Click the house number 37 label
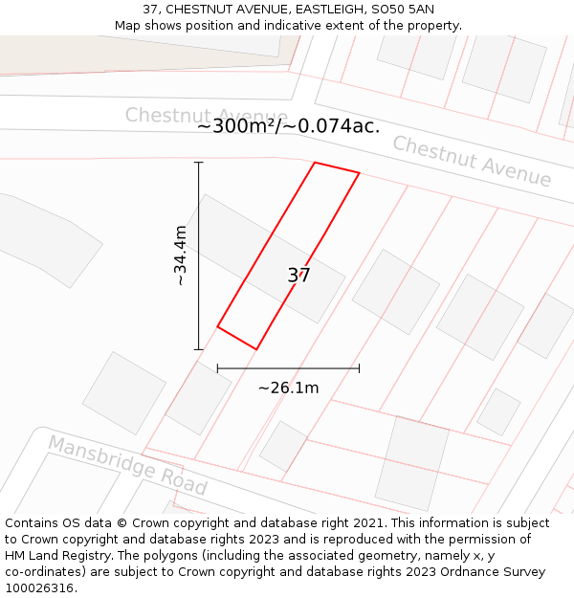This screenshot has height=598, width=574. coord(298,276)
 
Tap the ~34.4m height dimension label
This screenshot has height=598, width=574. coord(180,255)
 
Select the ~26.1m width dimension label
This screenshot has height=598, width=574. coord(288,388)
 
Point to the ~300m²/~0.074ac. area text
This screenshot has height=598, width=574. coord(288,125)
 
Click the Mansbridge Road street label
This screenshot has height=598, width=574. coord(127,465)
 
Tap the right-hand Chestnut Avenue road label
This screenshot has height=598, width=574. coord(472,161)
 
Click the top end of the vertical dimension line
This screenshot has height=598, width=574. coord(199,163)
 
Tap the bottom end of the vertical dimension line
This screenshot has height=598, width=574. coord(199,349)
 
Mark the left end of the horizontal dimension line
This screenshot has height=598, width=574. coord(218,367)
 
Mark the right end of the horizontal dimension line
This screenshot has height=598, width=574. coord(359,367)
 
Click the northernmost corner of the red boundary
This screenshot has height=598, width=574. coord(315,163)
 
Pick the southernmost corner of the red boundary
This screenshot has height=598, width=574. coord(256,349)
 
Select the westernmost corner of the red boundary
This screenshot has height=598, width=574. coord(218,327)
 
